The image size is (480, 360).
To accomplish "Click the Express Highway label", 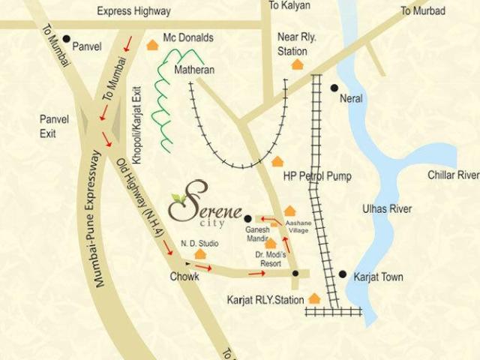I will [133, 11].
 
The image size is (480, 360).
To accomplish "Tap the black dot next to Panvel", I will [67, 39].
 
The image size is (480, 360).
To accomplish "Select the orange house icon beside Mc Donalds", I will [153, 45].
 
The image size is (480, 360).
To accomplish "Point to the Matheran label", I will [194, 70].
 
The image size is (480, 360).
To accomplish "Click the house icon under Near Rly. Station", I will [298, 64].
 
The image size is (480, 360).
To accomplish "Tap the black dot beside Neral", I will [334, 88].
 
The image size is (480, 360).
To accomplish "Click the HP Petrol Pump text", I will [316, 176].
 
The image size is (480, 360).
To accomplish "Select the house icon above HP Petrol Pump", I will [278, 161].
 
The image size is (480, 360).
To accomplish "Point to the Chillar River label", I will [453, 175].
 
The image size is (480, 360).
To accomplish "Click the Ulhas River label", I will [387, 209].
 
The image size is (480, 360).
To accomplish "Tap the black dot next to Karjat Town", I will [342, 274].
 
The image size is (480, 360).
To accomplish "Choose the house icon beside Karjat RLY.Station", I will [314, 298].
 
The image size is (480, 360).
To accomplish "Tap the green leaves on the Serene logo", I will [178, 198].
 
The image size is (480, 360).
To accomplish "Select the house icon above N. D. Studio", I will [200, 254].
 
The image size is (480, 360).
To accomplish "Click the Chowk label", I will [184, 277].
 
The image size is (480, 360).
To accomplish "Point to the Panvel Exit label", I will [53, 126].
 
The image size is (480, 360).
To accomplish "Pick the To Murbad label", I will [422, 11].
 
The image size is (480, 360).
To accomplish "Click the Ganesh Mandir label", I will [257, 233].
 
